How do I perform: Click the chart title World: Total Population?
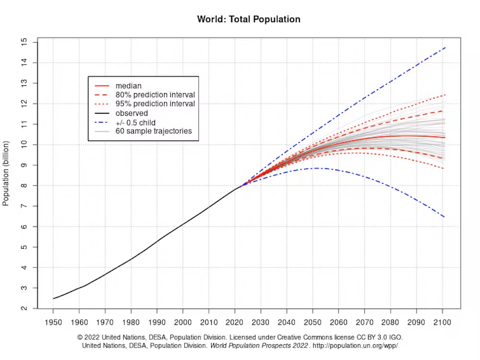click(249, 20)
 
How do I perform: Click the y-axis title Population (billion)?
click(6, 173)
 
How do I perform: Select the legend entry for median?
click(128, 86)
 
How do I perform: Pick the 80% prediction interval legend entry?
click(155, 95)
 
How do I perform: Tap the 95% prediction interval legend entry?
click(155, 104)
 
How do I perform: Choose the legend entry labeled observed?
click(132, 113)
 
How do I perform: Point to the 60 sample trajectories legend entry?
click(154, 131)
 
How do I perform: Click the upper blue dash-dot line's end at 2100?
click(445, 48)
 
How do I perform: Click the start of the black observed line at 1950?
click(53, 299)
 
